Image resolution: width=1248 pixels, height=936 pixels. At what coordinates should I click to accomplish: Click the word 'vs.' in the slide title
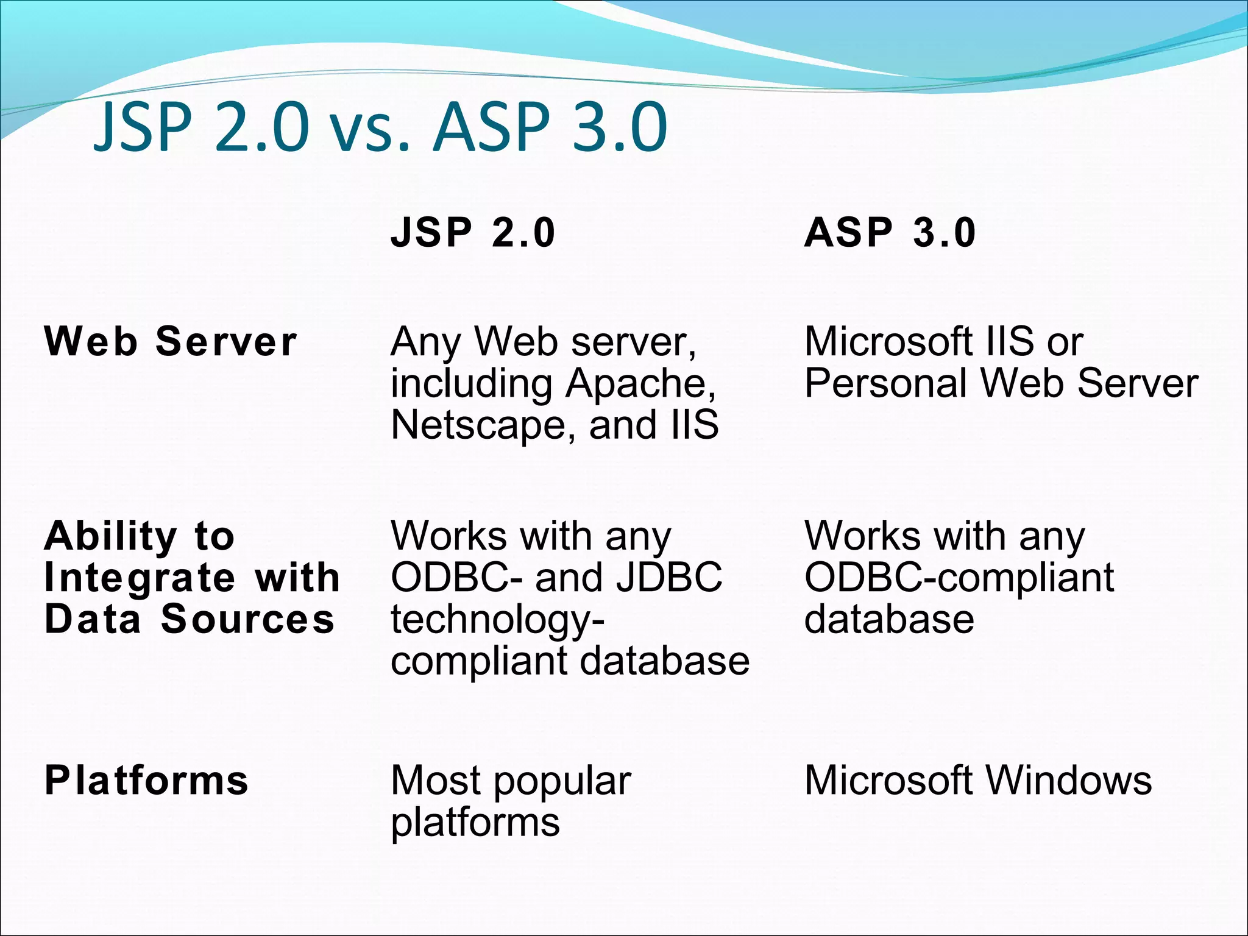click(x=369, y=129)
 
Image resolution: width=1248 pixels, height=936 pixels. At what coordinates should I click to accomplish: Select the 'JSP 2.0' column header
click(x=473, y=233)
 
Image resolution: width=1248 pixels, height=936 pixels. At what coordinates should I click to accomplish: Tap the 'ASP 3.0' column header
click(x=890, y=233)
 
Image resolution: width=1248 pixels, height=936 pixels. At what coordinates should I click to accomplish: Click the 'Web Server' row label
click(x=171, y=341)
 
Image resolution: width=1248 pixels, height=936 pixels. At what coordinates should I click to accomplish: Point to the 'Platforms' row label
click(x=147, y=781)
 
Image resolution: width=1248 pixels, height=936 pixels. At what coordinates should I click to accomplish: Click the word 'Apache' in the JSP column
click(x=640, y=384)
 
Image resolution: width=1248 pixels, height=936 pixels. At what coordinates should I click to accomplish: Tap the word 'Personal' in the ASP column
click(x=886, y=384)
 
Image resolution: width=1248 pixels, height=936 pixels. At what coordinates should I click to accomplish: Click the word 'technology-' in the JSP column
click(x=497, y=620)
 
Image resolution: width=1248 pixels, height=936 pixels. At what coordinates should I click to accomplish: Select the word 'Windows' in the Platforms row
click(x=1069, y=781)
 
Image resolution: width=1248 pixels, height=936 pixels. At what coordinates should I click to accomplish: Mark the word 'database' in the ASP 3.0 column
click(x=889, y=619)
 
